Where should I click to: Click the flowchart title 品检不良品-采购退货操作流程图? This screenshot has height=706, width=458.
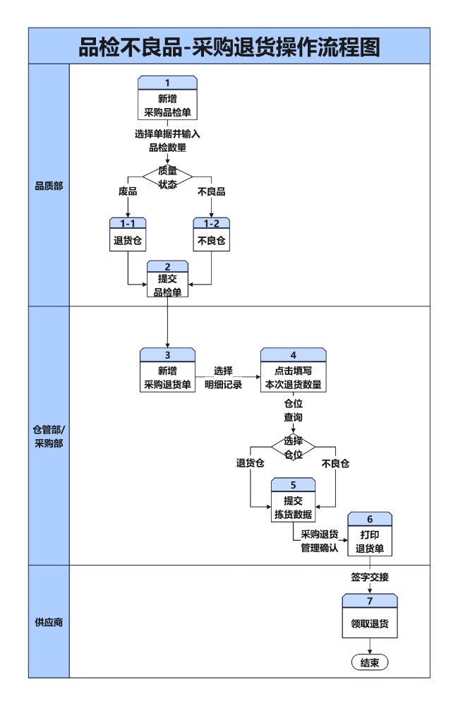tap(229, 46)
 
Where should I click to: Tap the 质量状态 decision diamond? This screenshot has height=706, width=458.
tap(167, 176)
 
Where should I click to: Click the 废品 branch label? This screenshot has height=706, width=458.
tap(128, 191)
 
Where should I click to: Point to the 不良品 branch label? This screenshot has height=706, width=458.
tap(211, 191)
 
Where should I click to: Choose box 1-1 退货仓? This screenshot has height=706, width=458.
tap(128, 234)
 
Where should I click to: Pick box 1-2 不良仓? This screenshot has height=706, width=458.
tap(212, 234)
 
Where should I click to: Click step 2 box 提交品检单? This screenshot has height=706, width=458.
tap(167, 280)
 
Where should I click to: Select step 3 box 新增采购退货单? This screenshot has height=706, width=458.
tap(167, 371)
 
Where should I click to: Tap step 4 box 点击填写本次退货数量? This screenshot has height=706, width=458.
tap(293, 371)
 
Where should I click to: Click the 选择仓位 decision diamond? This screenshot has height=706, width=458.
tap(293, 447)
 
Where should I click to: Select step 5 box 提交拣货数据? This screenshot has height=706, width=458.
tap(293, 501)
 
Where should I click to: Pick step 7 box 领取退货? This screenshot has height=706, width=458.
tap(370, 618)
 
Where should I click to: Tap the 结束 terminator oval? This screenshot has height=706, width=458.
tap(370, 662)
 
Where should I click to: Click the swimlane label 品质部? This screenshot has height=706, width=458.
tap(49, 186)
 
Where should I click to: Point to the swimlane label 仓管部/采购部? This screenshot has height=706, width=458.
tap(49, 436)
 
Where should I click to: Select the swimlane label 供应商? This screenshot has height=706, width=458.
tap(49, 623)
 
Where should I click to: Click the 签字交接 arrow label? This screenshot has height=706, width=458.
tap(370, 577)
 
